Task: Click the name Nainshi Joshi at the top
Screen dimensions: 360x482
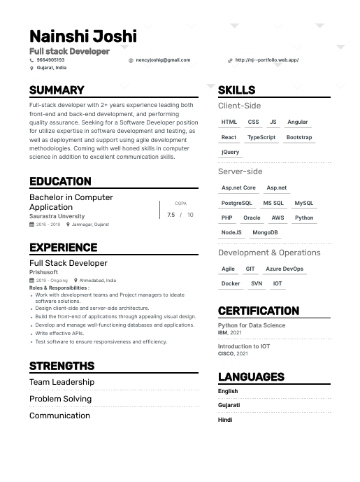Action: [x=83, y=36]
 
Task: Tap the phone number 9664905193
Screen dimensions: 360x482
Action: [x=50, y=60]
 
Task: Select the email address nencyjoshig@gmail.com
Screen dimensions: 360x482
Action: [x=163, y=60]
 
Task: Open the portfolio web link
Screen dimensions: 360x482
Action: [x=266, y=60]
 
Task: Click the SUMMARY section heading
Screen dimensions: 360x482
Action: [x=57, y=90]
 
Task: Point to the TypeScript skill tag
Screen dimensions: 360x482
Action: [x=261, y=137]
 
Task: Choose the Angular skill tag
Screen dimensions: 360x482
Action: [x=297, y=122]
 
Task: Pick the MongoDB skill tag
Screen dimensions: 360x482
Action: [x=265, y=232]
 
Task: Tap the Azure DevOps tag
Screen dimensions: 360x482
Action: [x=285, y=269]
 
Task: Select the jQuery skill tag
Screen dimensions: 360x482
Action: [x=230, y=152]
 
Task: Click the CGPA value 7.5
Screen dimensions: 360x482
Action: [x=171, y=215]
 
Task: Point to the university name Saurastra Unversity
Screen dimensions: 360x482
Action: [x=57, y=217]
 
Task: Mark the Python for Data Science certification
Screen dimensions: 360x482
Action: [x=252, y=325]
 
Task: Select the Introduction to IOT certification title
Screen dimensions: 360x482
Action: [x=243, y=346]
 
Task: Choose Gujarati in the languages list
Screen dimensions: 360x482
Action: [x=229, y=405]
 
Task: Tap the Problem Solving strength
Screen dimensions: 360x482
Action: [x=60, y=399]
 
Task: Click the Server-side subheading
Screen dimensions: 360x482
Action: [x=240, y=171]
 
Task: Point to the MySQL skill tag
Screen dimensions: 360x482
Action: [x=303, y=203]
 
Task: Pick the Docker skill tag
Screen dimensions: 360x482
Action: [x=231, y=283]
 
